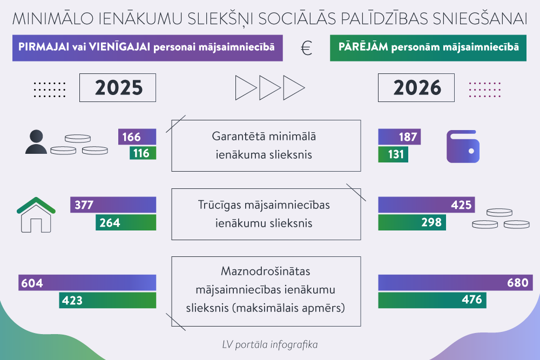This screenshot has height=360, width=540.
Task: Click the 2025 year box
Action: (x=118, y=88)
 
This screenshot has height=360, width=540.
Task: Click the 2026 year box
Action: (x=417, y=88)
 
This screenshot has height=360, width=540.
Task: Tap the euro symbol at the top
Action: (x=307, y=49)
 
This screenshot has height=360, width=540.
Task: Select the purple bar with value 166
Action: (x=137, y=137)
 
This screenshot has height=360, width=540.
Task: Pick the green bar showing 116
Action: (x=143, y=153)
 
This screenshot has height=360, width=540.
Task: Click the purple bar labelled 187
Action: (x=399, y=137)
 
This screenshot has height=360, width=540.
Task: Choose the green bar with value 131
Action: (x=393, y=155)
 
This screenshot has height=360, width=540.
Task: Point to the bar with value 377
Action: (x=113, y=205)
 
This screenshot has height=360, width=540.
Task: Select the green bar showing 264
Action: (x=126, y=222)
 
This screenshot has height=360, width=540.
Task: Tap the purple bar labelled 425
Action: (x=427, y=205)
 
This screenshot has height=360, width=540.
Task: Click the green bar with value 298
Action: (x=412, y=222)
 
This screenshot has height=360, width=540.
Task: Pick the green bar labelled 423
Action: (x=107, y=301)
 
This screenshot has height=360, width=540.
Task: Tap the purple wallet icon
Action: (x=463, y=146)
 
